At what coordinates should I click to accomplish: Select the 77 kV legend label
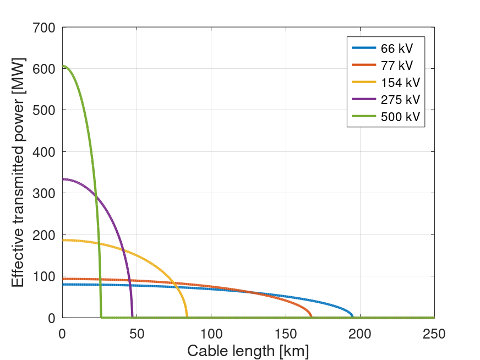[x=396, y=66]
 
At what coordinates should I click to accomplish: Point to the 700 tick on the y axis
[x=43, y=27]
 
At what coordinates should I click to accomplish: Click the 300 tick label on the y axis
[x=43, y=193]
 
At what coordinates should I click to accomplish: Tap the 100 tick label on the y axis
[x=43, y=276]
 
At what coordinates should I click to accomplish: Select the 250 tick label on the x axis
[x=434, y=334]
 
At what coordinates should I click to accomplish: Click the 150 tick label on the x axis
[x=285, y=334]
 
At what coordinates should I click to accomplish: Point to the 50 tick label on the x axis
[x=137, y=334]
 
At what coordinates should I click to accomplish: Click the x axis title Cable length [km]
[x=248, y=351]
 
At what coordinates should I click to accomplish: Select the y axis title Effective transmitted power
[x=18, y=172]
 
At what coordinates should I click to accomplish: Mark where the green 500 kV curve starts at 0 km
[x=63, y=66]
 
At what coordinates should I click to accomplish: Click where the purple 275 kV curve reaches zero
[x=132, y=317]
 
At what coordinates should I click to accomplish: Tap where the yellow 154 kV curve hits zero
[x=187, y=317]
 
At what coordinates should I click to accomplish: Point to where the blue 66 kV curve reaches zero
[x=352, y=317]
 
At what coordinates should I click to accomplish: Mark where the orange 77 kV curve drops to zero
[x=312, y=317]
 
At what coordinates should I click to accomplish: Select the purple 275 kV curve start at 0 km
[x=63, y=179]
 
